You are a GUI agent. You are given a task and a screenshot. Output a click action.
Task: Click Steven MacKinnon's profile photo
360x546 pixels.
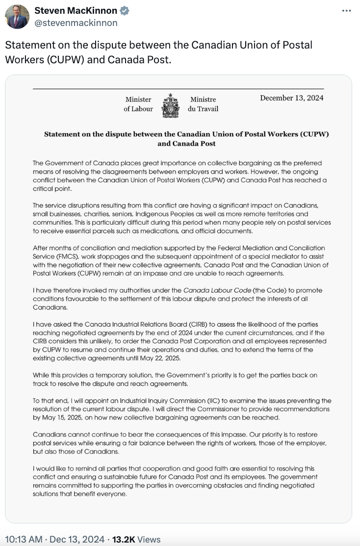click(x=17, y=17)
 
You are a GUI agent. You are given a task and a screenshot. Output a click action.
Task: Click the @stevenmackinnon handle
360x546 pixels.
click(x=76, y=23)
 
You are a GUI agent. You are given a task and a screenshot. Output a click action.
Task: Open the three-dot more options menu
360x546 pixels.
click(x=346, y=10)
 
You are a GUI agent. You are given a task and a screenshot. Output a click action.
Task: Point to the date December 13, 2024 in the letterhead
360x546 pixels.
click(x=292, y=98)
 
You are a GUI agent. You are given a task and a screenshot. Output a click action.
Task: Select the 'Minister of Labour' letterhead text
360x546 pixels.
click(x=138, y=104)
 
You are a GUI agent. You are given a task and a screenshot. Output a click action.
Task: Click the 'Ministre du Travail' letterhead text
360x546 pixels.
click(x=203, y=104)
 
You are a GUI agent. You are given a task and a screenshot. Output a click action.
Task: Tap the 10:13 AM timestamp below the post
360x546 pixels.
click(x=24, y=539)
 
